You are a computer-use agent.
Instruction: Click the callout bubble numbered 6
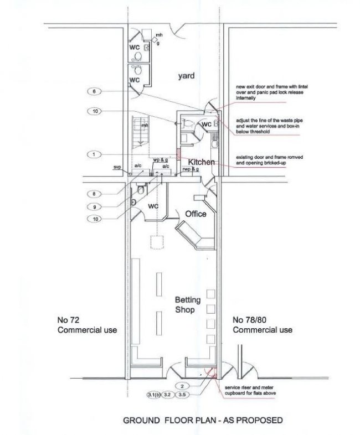point(95,91)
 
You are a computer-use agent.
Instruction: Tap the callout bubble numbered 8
point(95,194)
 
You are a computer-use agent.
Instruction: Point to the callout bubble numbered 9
point(95,206)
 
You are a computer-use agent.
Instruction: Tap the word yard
point(186,76)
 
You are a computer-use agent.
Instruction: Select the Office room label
point(196,214)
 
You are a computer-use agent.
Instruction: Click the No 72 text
point(69,320)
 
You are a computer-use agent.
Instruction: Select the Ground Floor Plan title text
point(202,421)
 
